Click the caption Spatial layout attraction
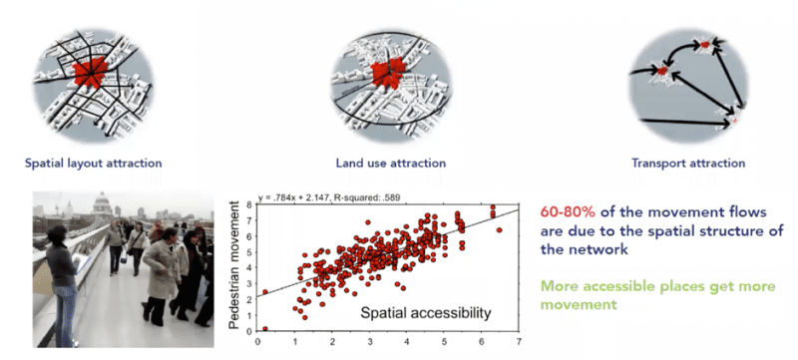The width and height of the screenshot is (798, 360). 95,163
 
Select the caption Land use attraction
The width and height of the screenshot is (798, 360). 391,163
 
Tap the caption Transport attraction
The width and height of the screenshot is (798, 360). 687,163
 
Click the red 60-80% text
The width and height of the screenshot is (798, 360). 569,214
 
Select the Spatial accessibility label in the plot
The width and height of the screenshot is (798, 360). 426,314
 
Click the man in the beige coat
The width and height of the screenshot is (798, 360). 159,274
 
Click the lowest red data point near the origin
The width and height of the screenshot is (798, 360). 265,328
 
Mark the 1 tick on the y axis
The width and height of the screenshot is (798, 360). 250,313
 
